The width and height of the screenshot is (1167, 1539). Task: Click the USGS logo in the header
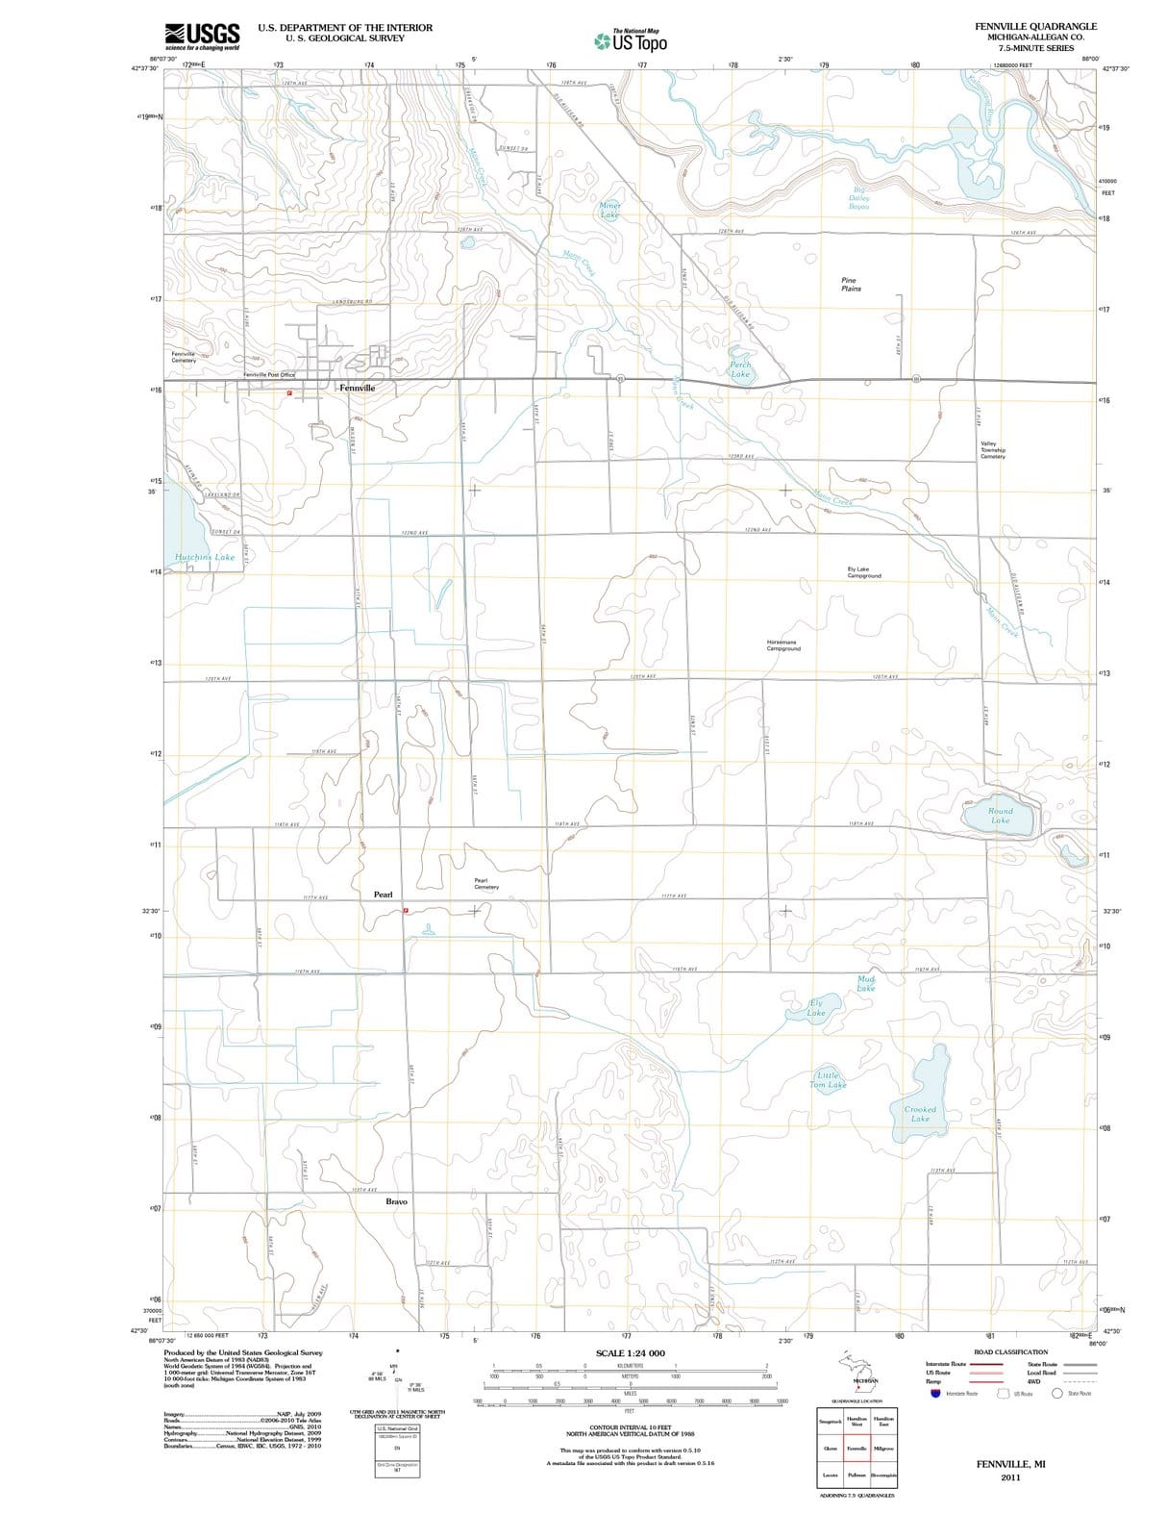(202, 37)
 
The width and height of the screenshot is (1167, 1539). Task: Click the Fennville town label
(357, 388)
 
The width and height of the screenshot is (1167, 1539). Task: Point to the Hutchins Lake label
(205, 557)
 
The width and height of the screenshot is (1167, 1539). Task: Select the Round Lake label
(1001, 816)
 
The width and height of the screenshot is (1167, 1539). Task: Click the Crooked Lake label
(920, 1114)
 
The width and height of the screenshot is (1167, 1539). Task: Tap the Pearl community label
(383, 895)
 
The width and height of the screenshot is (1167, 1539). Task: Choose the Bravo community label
(396, 1201)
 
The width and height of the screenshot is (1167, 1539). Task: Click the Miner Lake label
(610, 210)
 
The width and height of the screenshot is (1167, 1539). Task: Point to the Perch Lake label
(740, 369)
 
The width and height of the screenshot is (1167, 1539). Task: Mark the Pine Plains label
(851, 285)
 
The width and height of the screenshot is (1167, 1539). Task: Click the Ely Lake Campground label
(864, 572)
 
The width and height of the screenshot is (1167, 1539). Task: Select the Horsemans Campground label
(783, 645)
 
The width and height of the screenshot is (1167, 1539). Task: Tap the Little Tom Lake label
(828, 1080)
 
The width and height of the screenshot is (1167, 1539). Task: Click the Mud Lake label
(866, 983)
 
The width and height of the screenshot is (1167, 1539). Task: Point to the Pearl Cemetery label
(485, 883)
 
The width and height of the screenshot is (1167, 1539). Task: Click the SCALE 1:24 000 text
(631, 1353)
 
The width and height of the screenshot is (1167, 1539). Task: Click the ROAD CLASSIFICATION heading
(1010, 1352)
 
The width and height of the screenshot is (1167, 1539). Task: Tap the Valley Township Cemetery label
(993, 450)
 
